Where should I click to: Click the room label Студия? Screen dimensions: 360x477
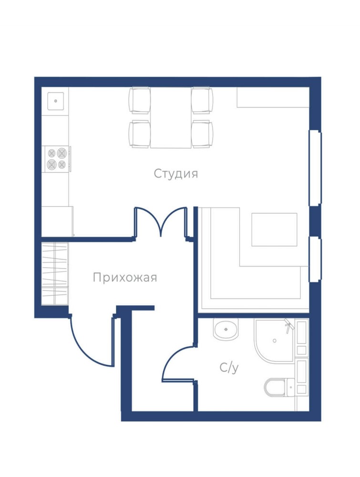[176, 174]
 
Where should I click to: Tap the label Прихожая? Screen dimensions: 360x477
[125, 278]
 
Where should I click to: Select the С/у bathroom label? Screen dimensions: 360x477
[229, 368]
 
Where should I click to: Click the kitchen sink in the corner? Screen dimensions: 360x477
[55, 101]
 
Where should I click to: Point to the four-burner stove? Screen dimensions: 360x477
[57, 159]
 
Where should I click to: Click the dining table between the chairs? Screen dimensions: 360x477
[171, 117]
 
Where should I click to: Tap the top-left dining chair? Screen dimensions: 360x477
[140, 100]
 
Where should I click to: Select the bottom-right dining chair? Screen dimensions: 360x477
[202, 134]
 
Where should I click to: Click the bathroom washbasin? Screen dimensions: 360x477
[226, 329]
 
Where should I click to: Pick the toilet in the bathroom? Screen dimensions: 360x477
[279, 387]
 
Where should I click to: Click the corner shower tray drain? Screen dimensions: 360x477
[275, 341]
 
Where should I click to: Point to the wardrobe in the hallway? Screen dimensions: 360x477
[55, 273]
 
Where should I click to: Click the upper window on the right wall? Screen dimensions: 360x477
[315, 168]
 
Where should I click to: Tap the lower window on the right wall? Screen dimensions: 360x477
[315, 260]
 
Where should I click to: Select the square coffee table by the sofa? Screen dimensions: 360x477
[274, 229]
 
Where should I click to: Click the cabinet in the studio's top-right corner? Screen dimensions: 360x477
[273, 97]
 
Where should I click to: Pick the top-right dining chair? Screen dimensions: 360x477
[202, 100]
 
